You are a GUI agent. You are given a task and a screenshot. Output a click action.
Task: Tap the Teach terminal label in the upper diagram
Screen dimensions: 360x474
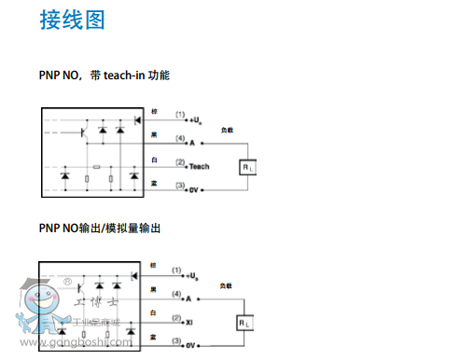click(x=199, y=166)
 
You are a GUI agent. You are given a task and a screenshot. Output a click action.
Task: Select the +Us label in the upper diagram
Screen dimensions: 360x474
click(x=194, y=120)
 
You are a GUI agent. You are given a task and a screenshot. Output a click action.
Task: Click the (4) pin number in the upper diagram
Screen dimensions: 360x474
click(x=178, y=138)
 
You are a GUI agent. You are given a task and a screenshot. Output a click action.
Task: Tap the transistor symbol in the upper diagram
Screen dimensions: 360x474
click(x=83, y=132)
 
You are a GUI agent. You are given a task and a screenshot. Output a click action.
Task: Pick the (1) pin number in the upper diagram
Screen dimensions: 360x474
click(x=178, y=115)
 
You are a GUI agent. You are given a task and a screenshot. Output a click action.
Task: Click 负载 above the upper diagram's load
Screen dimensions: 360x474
click(x=227, y=131)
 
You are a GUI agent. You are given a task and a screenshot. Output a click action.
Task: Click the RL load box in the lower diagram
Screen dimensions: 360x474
click(x=244, y=323)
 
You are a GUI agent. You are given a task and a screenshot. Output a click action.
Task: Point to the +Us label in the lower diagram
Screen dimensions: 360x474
click(x=191, y=276)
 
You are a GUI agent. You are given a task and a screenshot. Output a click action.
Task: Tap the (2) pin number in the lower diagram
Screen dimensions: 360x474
click(x=175, y=317)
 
